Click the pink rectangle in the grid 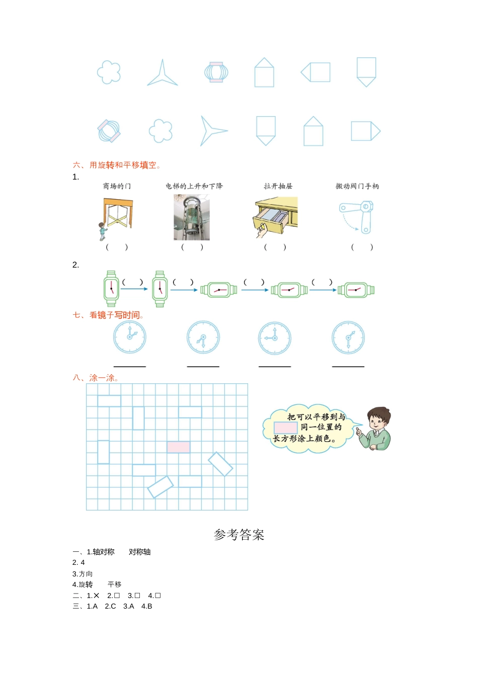coord(179,447)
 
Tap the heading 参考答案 coord(239,535)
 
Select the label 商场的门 coord(117,186)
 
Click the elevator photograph coord(192,217)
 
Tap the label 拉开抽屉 coord(278,186)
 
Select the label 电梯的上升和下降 coord(194,186)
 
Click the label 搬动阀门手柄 coord(357,186)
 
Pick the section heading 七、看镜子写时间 coord(109,315)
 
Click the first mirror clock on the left coord(130,337)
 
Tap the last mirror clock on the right coord(348,337)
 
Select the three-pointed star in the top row coord(162,74)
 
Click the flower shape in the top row coord(109,72)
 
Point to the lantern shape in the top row coord(216,72)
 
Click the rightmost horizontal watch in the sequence coord(356,290)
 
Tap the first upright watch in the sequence coord(111,289)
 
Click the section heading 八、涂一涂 coord(96,378)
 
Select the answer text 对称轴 coord(139,552)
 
